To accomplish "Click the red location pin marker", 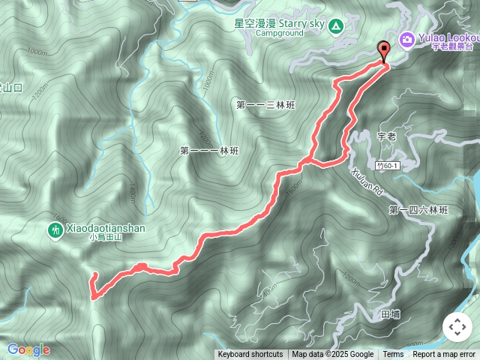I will [x=385, y=51].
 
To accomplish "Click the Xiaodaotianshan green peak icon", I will [x=55, y=230].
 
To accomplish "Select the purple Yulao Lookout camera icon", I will [x=406, y=38].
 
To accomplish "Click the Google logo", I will [x=28, y=349].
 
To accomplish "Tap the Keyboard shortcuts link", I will [x=250, y=355].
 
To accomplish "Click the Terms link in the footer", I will [x=393, y=355].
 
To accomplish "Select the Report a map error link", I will [x=444, y=355].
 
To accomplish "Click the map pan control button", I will [x=457, y=327].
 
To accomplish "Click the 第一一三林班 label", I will [x=265, y=105].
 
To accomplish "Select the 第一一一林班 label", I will [x=209, y=151].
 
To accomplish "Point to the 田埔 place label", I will [x=391, y=313].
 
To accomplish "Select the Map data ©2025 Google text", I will [x=333, y=355].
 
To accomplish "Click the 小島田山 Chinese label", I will [x=105, y=236].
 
